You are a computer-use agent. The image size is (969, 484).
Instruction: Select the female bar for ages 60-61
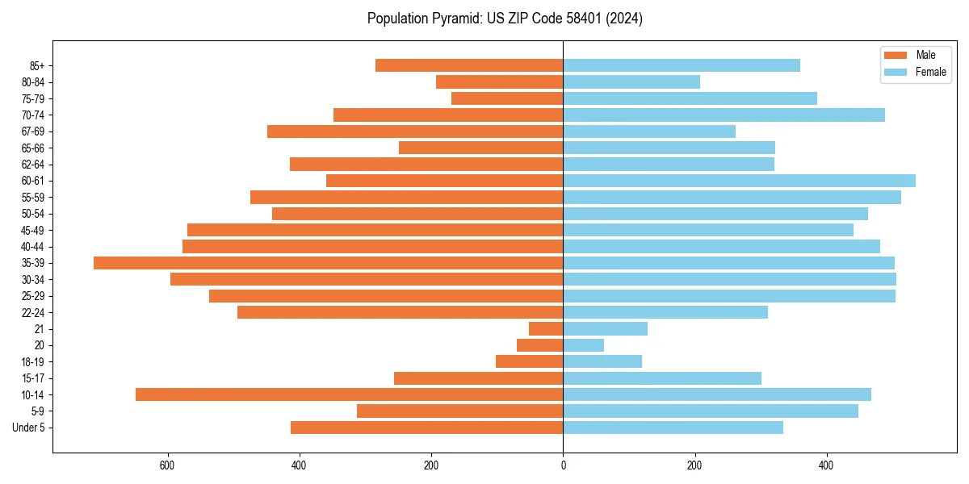[x=739, y=181]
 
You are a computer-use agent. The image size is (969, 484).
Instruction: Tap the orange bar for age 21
[x=546, y=329]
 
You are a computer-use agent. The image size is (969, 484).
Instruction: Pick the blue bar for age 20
[x=583, y=345]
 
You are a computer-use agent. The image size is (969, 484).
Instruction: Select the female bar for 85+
[x=682, y=65]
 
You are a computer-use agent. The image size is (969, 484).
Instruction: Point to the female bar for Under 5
[x=673, y=428]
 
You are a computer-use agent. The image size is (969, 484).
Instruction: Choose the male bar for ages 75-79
[x=507, y=98]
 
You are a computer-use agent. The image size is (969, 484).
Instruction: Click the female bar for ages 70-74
[x=724, y=115]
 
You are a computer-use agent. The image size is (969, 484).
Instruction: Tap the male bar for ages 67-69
[x=415, y=131]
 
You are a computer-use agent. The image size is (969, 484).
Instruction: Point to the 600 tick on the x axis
[x=168, y=466]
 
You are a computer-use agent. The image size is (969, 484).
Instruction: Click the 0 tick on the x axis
[x=563, y=466]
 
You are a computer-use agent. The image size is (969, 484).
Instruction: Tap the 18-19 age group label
[x=32, y=362]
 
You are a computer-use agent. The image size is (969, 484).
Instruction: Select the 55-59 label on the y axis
[x=32, y=198]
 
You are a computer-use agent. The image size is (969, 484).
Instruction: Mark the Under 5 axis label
[x=28, y=428]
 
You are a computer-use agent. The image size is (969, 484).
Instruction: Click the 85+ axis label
[x=36, y=65]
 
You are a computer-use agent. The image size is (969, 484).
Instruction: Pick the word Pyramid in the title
[x=453, y=18]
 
